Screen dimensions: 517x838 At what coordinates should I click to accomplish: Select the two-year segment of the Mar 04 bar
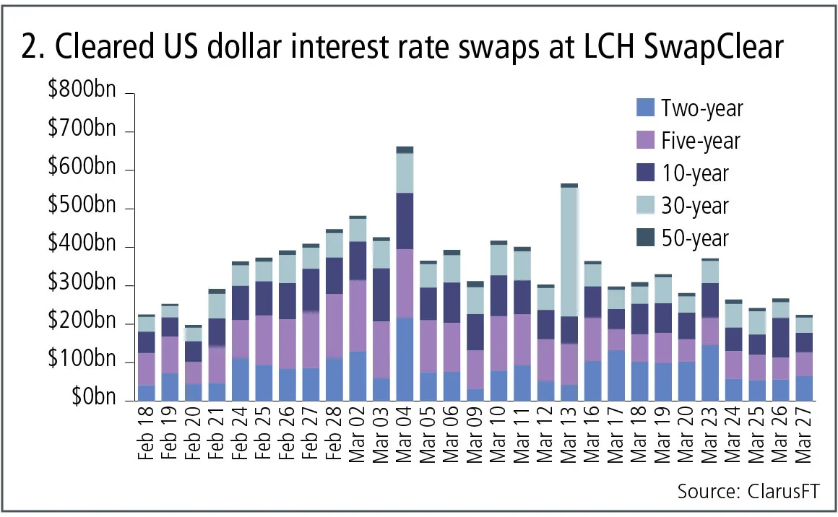click(x=405, y=358)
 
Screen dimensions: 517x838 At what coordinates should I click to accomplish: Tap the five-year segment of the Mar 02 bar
click(x=358, y=316)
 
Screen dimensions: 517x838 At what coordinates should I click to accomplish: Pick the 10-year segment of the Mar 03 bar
click(x=381, y=295)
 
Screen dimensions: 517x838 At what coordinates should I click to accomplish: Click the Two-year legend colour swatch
click(x=644, y=108)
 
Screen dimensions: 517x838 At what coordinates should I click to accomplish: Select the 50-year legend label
click(x=695, y=238)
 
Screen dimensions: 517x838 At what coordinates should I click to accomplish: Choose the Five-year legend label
click(x=701, y=141)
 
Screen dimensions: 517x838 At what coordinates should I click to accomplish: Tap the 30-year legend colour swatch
click(x=644, y=206)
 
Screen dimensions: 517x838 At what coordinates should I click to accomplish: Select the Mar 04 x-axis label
click(x=405, y=438)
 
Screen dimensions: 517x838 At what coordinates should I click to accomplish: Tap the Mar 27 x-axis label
click(x=803, y=438)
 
